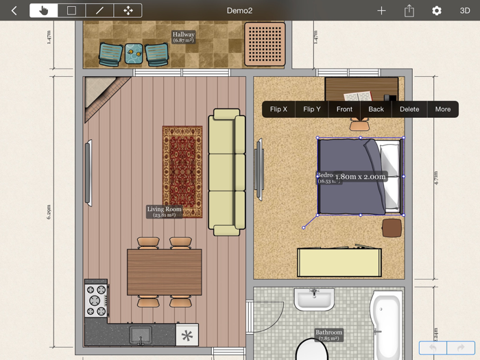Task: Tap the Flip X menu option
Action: pyautogui.click(x=278, y=109)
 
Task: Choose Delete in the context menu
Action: pyautogui.click(x=409, y=109)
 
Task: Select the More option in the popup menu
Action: pyautogui.click(x=443, y=109)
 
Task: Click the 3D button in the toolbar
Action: pyautogui.click(x=465, y=10)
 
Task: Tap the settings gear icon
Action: pyautogui.click(x=437, y=10)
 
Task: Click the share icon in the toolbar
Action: pyautogui.click(x=409, y=10)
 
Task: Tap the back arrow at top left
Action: pyautogui.click(x=14, y=10)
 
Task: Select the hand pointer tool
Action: pyautogui.click(x=44, y=10)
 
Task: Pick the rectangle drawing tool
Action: pyautogui.click(x=71, y=10)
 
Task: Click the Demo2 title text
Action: pyautogui.click(x=240, y=10)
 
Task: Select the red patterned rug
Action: pyautogui.click(x=182, y=171)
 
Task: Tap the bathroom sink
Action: pyautogui.click(x=314, y=299)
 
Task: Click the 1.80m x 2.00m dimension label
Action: pyautogui.click(x=360, y=176)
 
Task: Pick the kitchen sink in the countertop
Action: pyautogui.click(x=141, y=335)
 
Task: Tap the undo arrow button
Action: pyautogui.click(x=433, y=348)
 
